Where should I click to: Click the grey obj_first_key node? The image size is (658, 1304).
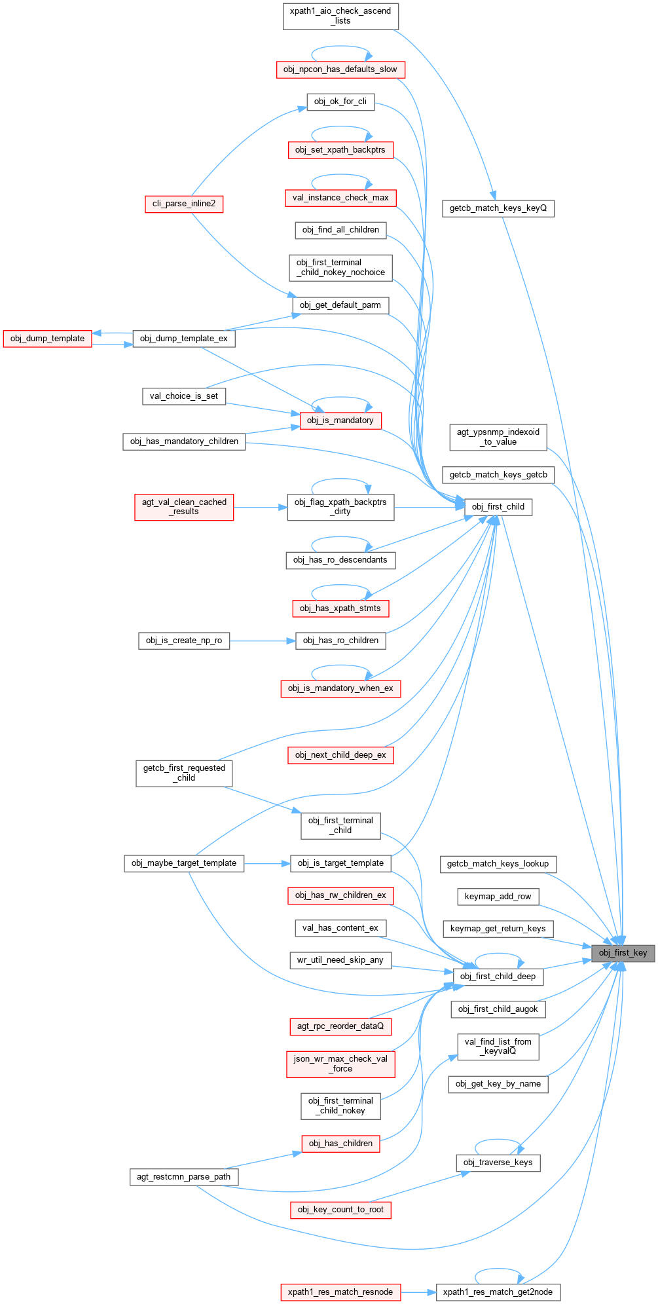622,952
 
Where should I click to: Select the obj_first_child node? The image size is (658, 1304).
498,506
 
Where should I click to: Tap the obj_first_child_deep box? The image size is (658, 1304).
498,976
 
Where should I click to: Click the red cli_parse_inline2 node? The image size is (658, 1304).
184,204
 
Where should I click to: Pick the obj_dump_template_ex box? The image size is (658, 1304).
184,338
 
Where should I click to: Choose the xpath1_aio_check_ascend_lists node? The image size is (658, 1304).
340,16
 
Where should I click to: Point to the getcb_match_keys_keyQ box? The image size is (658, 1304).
498,208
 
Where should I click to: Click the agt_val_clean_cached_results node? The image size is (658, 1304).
184,507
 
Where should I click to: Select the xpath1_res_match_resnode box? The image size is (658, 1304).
340,1292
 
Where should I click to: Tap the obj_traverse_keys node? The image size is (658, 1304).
498,1162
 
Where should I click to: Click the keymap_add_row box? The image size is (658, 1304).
498,896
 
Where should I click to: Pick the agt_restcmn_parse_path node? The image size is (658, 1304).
184,1176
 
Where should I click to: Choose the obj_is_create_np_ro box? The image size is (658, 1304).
184,640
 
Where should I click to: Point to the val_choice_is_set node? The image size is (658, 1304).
184,396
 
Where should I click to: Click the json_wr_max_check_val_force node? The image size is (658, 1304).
340,1063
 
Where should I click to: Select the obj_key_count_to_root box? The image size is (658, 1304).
340,1209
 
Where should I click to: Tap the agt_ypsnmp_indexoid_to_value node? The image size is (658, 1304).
498,437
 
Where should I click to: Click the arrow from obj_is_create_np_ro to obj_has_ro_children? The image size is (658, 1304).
263,641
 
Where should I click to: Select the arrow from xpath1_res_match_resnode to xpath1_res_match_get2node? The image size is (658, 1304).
418,1292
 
